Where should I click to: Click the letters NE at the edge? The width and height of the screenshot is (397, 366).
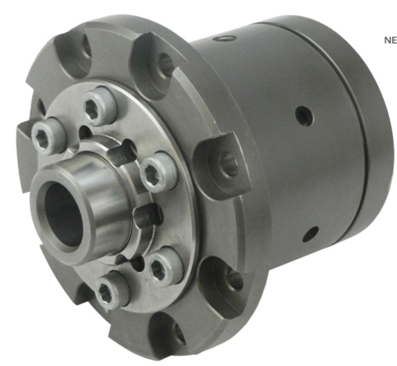(x=390, y=40)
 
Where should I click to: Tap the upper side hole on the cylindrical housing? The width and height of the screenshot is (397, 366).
(x=304, y=114)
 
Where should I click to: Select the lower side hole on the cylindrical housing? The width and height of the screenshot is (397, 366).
(x=311, y=234)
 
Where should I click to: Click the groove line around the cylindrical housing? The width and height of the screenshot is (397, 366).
(x=354, y=138)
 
